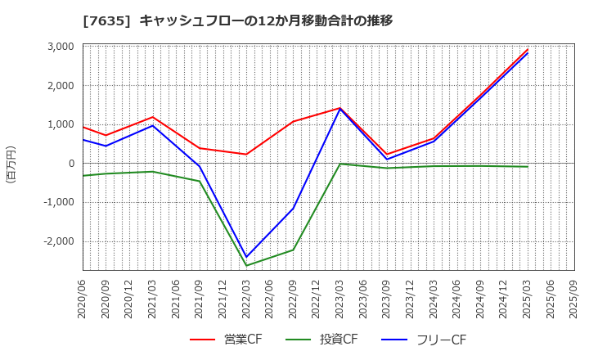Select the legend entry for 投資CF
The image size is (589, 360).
[x=321, y=340]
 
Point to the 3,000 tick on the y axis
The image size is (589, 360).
[x=60, y=47]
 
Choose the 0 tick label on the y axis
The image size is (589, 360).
[x=71, y=164]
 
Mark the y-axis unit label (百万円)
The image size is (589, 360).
[x=11, y=164]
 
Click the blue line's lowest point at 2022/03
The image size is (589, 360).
[x=246, y=258]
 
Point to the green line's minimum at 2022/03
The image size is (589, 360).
[x=246, y=266]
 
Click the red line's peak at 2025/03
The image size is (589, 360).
[x=528, y=49]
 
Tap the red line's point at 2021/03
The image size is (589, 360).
[x=153, y=117]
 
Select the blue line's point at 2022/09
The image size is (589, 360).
[x=293, y=208]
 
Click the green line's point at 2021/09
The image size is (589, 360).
[x=200, y=181]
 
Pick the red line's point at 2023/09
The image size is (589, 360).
[x=387, y=154]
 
